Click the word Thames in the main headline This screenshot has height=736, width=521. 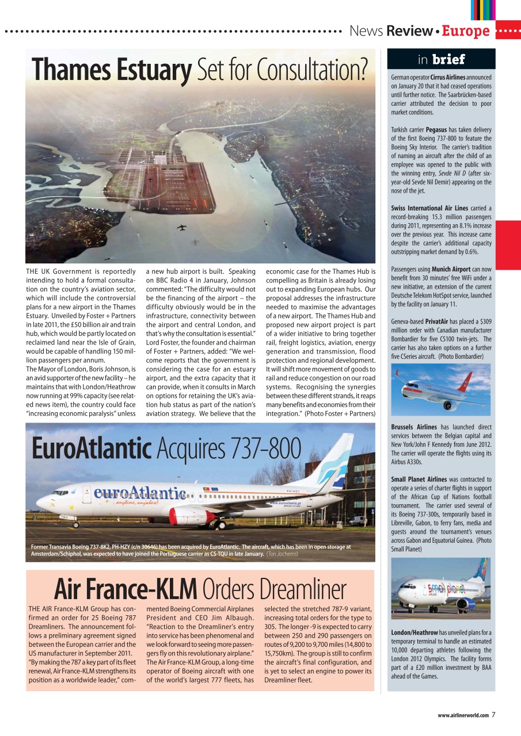(67, 70)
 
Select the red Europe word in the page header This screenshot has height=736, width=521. (466, 31)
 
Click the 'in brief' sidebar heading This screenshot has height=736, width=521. (441, 59)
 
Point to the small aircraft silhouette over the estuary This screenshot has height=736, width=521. (182, 227)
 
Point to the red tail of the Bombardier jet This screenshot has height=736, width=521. (465, 381)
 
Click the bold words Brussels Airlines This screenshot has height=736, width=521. (414, 427)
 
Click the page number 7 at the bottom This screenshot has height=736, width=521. (494, 715)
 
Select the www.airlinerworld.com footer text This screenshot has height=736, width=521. (463, 716)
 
